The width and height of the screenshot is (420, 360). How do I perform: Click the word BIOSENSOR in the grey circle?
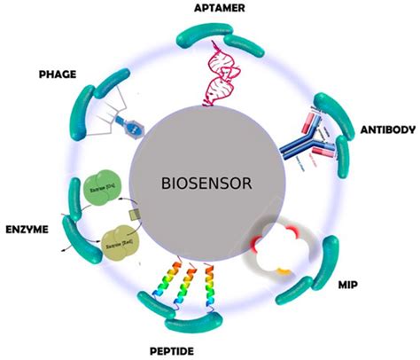(207, 184)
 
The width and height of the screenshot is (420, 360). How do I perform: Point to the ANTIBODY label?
(386, 130)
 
